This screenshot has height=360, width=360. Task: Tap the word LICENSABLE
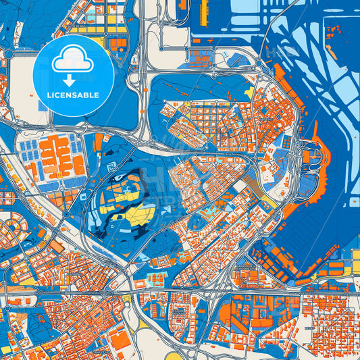(x=73, y=95)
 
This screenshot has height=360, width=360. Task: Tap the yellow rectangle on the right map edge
(x=355, y=255)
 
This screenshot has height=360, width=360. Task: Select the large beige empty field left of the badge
(x=16, y=95)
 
